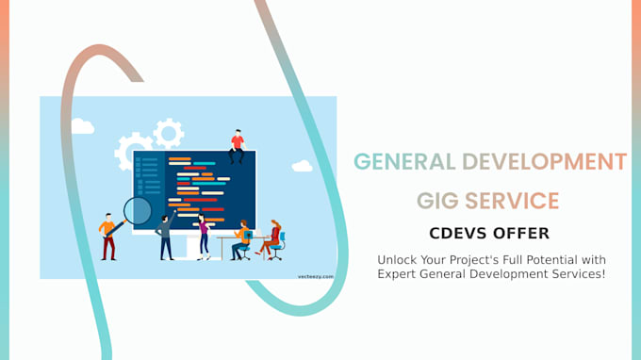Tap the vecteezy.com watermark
point(315,276)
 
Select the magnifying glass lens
point(138,210)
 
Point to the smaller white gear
point(168,132)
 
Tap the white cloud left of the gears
point(83,126)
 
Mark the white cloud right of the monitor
point(302,166)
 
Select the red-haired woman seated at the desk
point(272,238)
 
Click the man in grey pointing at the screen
point(165,237)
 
